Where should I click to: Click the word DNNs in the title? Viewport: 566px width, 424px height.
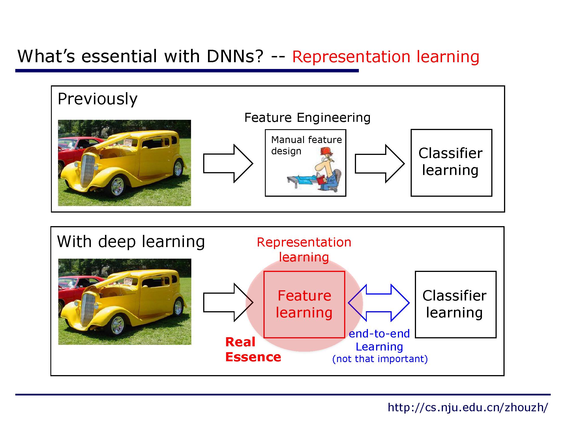point(235,56)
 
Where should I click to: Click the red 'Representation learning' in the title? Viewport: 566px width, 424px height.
point(385,57)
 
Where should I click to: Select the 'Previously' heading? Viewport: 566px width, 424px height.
point(97,99)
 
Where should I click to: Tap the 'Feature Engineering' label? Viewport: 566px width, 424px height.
point(307,118)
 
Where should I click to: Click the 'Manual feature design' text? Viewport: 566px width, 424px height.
point(306,145)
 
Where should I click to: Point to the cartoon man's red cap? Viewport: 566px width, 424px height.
point(327,151)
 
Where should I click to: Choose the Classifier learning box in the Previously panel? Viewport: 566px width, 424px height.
point(451,163)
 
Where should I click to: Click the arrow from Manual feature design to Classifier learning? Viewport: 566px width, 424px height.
point(379,163)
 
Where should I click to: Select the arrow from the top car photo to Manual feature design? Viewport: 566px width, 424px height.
point(228,163)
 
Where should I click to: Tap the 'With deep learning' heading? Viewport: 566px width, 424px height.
point(131,242)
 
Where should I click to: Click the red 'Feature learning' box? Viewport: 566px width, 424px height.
point(304,304)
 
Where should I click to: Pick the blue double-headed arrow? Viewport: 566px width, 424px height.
point(379,303)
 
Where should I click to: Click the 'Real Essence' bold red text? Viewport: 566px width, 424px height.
point(253,350)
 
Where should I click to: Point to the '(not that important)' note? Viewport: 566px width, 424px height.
point(380,359)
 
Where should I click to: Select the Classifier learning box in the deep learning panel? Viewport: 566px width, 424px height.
point(455,304)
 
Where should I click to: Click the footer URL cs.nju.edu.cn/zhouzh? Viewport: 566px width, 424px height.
point(468,408)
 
